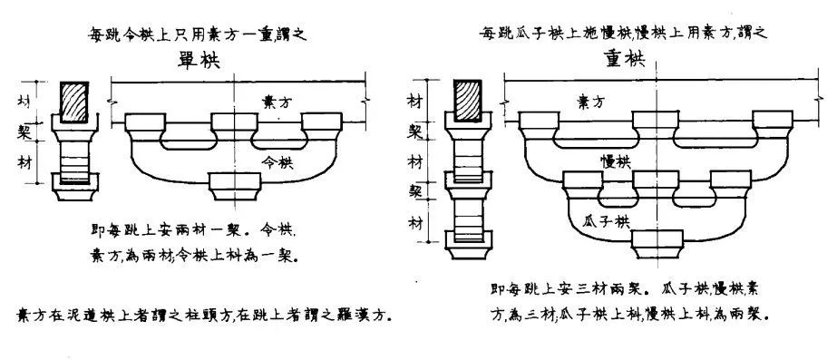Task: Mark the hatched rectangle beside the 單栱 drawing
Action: point(74,101)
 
